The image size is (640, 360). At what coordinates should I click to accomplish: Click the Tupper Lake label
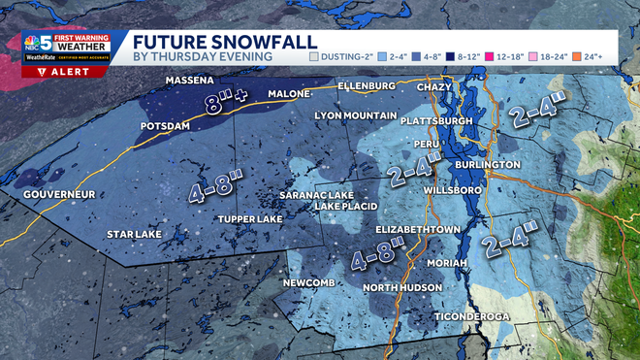click(x=250, y=219)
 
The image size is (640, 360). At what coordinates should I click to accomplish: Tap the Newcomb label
click(x=309, y=283)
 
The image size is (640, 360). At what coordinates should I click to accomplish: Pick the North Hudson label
click(x=402, y=288)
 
